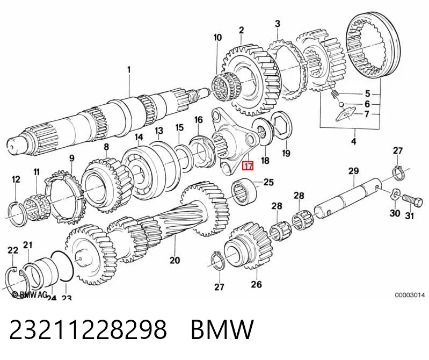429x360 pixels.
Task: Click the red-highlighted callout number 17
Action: [249, 166]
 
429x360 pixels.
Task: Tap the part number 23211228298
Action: [88, 329]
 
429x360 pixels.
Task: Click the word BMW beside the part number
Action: [222, 329]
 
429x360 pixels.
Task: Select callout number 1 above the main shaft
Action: [129, 69]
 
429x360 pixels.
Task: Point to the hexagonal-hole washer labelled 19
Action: [282, 125]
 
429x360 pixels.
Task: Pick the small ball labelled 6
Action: [340, 104]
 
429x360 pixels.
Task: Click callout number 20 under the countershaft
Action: [175, 260]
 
